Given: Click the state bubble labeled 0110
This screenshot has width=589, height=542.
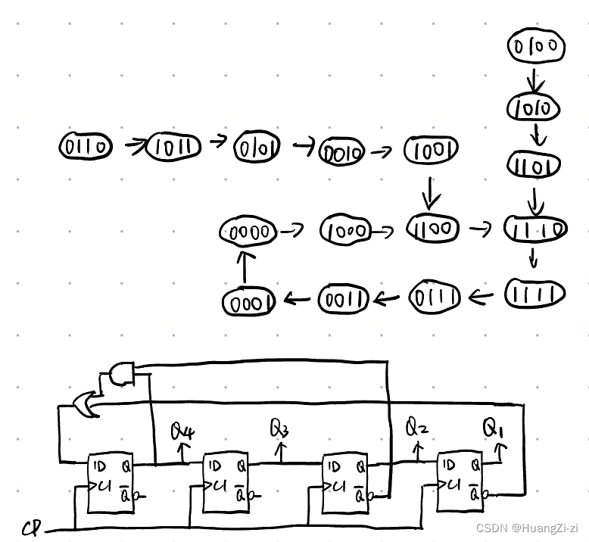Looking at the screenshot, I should (x=86, y=145).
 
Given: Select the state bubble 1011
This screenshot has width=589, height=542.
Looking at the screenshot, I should (x=173, y=146).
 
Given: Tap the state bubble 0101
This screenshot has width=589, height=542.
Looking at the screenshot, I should (x=257, y=146).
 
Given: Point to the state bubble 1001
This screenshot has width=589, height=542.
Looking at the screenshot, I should (x=431, y=151).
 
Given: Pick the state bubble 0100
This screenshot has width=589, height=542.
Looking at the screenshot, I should (x=535, y=47).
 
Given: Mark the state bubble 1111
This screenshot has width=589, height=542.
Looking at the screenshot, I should (x=534, y=294).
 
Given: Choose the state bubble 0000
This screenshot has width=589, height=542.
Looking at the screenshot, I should (x=248, y=232).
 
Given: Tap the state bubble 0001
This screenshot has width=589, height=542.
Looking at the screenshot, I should (x=247, y=302).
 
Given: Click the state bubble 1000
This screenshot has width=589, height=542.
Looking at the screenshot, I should (x=345, y=229).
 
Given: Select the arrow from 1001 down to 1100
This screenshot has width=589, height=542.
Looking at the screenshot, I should (x=430, y=192).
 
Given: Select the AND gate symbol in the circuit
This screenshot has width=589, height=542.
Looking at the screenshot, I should (x=121, y=373).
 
